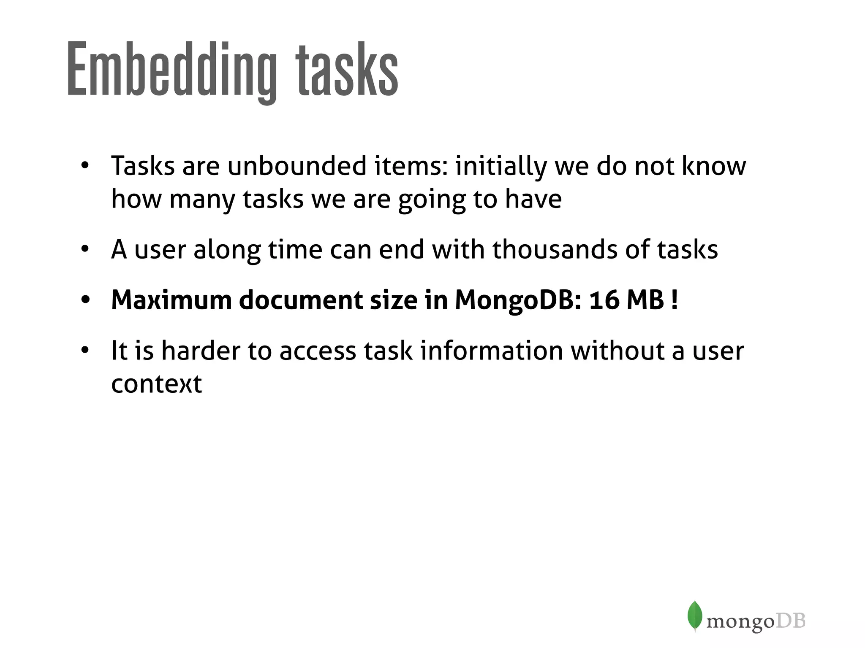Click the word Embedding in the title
pos(171,70)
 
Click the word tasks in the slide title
pos(347,70)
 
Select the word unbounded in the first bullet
pos(297,166)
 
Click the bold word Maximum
pos(171,300)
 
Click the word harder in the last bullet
pos(201,351)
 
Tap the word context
pos(156,384)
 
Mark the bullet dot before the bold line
pos(85,300)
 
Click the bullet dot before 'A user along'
pos(85,249)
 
